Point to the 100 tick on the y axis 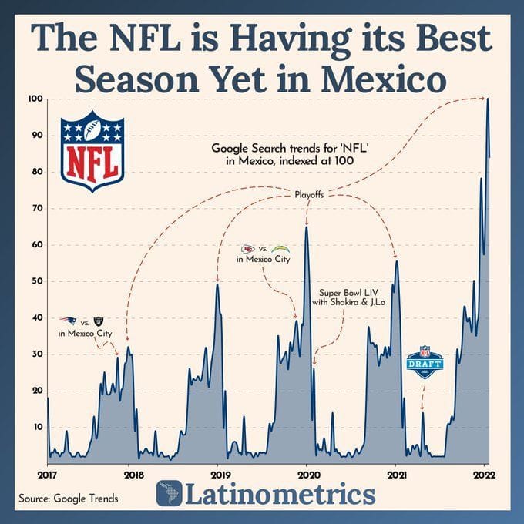[35, 99]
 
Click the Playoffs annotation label [309, 196]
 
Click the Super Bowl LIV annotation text [348, 297]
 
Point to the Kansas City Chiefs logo [248, 249]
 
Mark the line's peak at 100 [488, 99]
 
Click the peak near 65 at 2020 [307, 227]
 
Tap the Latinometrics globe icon [169, 494]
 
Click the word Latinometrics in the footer [279, 494]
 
